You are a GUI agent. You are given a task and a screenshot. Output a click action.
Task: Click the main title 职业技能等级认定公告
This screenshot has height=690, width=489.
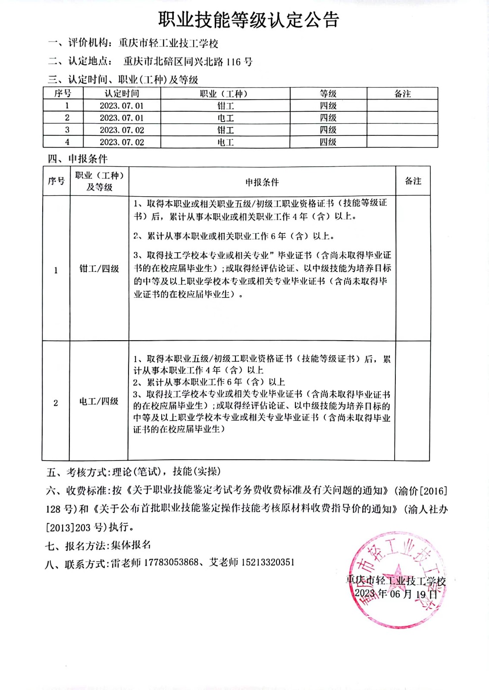pos(248,20)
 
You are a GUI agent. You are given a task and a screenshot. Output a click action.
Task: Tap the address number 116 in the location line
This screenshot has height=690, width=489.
pos(234,62)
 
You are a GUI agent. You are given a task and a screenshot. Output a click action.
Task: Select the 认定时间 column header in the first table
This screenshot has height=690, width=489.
pos(122,94)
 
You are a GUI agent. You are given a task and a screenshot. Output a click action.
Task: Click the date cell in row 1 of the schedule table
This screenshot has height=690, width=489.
pos(122,106)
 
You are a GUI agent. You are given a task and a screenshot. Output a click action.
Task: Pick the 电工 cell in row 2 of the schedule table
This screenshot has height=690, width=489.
pos(225,118)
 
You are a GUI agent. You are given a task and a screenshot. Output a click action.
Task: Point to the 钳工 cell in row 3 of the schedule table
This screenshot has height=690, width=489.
pos(225,130)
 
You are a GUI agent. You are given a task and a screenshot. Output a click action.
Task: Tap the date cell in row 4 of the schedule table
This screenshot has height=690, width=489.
pos(122,142)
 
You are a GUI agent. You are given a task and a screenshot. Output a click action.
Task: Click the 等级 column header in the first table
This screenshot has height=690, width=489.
pos(328,94)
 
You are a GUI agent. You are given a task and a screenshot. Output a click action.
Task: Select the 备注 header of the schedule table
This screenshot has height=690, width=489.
pos(402,94)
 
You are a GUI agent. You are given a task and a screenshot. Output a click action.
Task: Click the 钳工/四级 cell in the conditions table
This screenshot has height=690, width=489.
pos(99,269)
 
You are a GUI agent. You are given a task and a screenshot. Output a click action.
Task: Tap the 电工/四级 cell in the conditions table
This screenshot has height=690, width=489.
pos(99,401)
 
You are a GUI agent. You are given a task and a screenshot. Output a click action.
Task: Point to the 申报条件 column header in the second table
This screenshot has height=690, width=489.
pos(262,182)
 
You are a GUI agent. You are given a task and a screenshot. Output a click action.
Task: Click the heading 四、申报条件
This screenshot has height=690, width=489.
pos(78,159)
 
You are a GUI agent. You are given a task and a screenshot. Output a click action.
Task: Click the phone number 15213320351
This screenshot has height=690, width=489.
pos(267,562)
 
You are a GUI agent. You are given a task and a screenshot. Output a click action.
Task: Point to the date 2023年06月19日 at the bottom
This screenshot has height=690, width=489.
pos(395,594)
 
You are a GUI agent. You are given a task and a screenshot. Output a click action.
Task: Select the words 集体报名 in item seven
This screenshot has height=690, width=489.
pos(131,545)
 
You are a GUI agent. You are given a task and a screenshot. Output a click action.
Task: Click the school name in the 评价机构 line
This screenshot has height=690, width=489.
pos(169,43)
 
